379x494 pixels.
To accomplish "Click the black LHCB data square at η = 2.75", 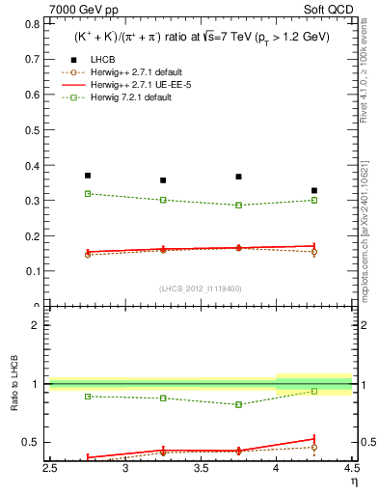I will (x=88, y=176).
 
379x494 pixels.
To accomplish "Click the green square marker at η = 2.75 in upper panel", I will (x=88, y=194).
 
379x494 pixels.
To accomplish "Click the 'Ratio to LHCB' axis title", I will (x=13, y=386).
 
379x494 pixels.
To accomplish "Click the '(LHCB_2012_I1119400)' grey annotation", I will (x=200, y=288).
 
